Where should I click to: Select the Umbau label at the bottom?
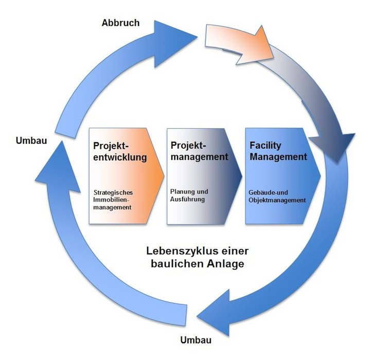click(x=196, y=340)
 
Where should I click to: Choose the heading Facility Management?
click(x=278, y=151)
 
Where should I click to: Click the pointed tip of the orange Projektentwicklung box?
click(x=164, y=175)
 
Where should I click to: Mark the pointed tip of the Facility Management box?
click(x=320, y=175)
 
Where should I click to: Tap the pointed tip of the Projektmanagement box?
click(x=241, y=175)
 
